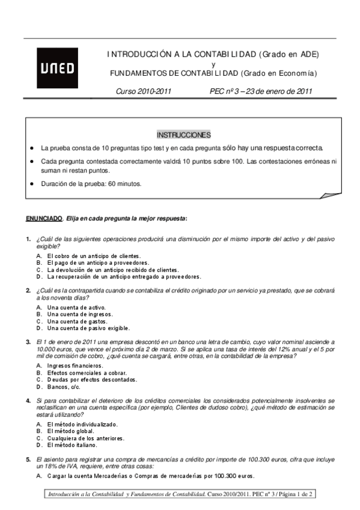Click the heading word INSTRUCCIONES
click(183, 134)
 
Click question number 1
click(28, 239)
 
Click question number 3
click(28, 342)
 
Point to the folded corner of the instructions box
click(331, 195)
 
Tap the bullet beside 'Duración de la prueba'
click(31, 184)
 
